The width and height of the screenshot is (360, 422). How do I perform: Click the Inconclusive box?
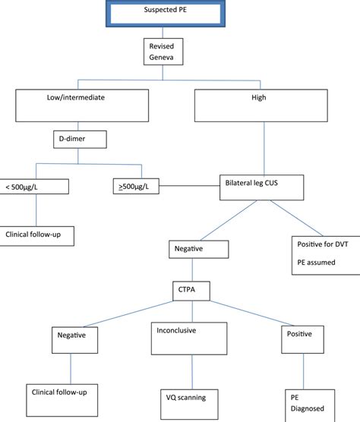click(186, 339)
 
